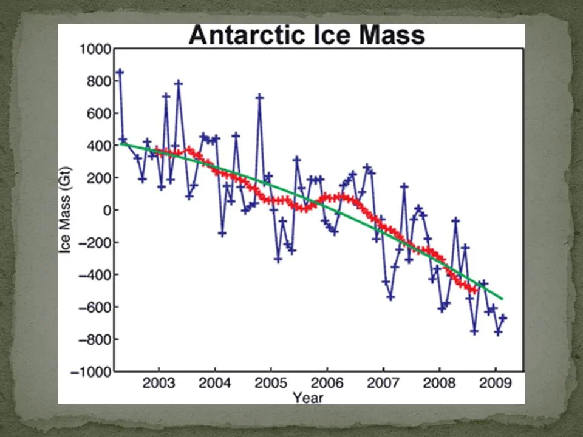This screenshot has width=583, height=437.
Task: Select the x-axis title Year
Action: click(x=308, y=398)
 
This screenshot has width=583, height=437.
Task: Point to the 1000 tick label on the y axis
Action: click(x=92, y=49)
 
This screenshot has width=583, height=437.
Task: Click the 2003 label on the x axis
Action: click(x=159, y=384)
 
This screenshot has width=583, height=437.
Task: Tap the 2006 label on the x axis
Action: click(x=327, y=384)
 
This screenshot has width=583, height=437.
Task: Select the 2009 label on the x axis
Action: click(x=495, y=384)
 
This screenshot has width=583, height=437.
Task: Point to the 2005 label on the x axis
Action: click(x=271, y=384)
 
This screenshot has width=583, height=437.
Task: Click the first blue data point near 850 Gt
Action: click(x=120, y=72)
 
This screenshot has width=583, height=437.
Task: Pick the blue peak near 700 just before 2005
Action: click(x=259, y=97)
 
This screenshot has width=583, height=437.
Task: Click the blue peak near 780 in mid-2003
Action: click(x=179, y=83)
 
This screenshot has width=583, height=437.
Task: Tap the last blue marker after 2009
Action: click(x=503, y=318)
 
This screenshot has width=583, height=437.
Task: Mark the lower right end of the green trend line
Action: click(x=502, y=299)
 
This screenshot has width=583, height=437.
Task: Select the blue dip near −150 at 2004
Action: click(x=222, y=233)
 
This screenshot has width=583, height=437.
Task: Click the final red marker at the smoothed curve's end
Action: click(x=475, y=290)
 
